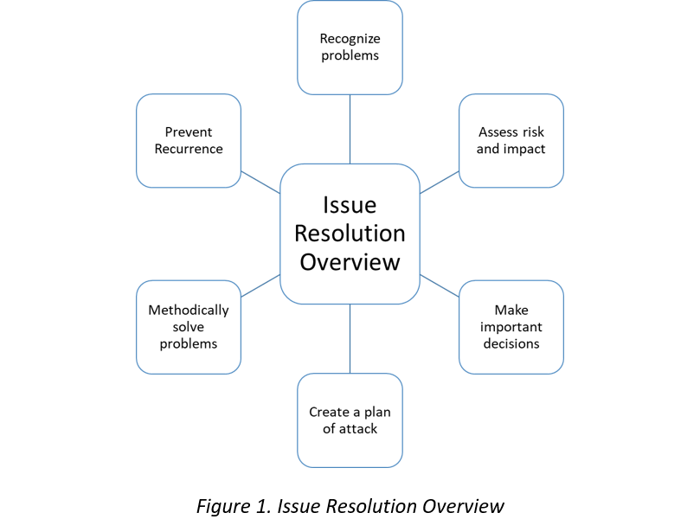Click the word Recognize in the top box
350,39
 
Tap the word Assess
498,132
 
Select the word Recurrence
189,149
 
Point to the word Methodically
189,310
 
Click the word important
511,327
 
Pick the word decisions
511,343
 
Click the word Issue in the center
350,206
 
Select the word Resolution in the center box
350,234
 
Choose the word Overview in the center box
350,261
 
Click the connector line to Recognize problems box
350,128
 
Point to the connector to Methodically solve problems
260,285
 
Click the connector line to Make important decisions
439,285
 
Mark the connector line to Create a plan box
350,338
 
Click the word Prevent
189,132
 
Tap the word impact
523,149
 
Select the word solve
189,327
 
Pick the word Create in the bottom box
329,412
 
